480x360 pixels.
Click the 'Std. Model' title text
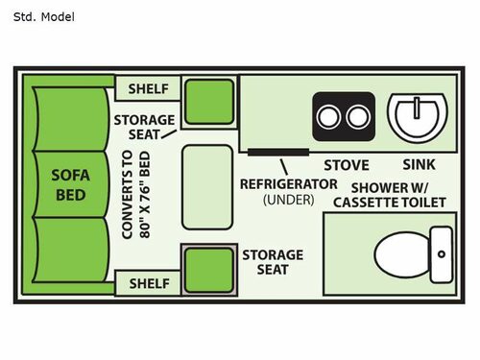(x=43, y=16)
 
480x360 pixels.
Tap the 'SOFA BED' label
(x=70, y=184)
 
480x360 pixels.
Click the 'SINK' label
(x=419, y=164)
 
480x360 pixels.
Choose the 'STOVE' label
(x=346, y=164)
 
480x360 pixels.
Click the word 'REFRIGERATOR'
(x=288, y=182)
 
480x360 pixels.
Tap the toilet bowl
(x=398, y=254)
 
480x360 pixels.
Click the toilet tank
(x=441, y=254)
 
